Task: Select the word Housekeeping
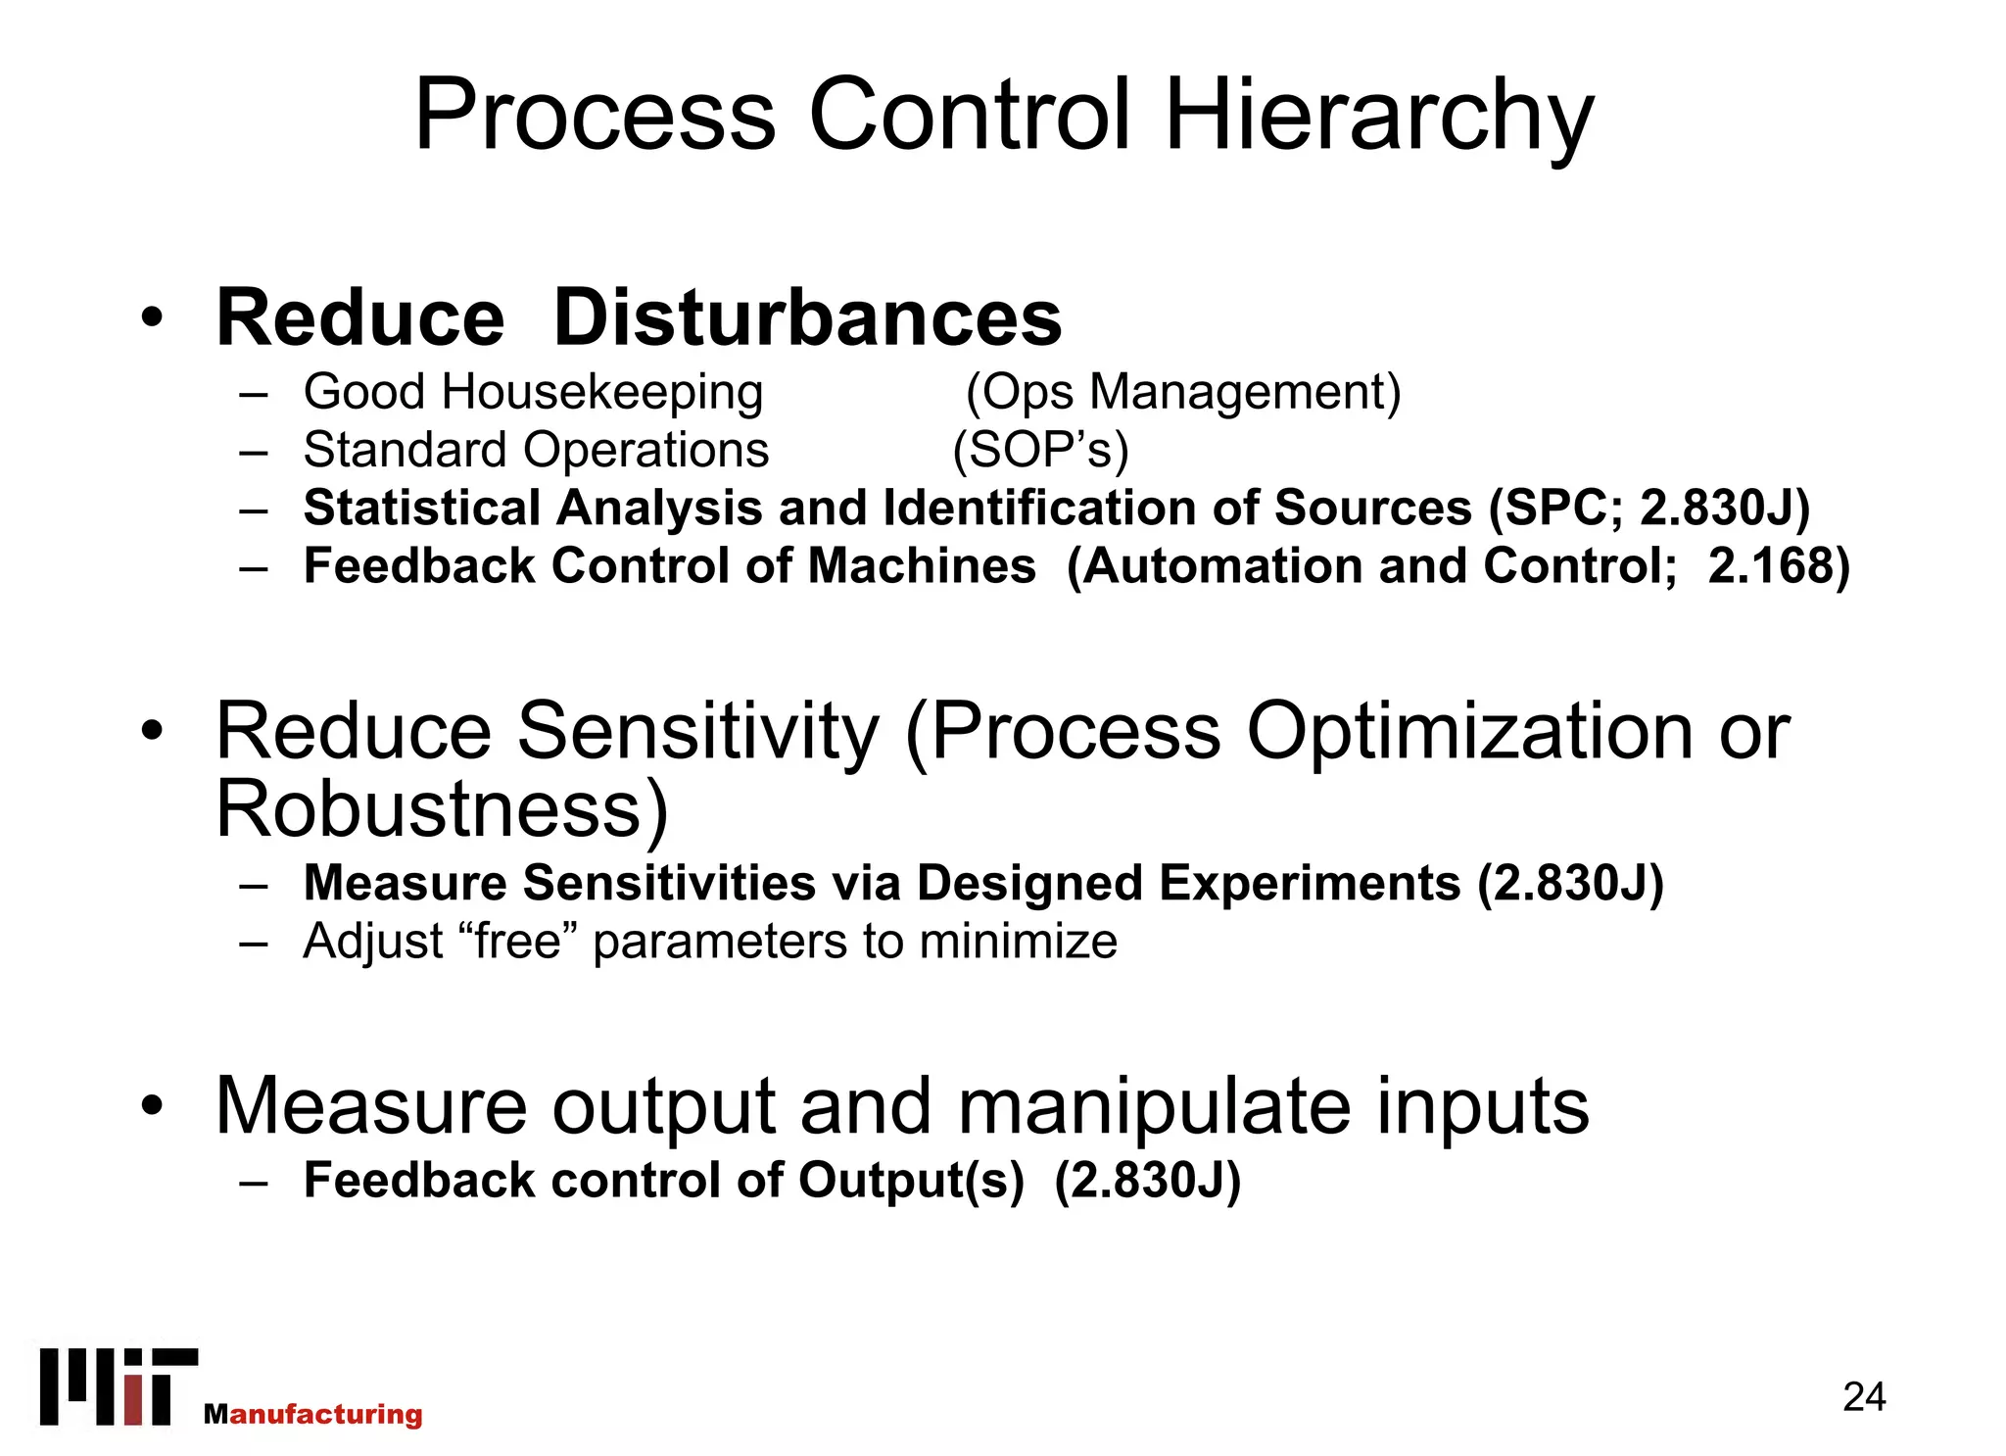point(601,392)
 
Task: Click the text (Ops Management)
point(1183,393)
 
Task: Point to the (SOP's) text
point(1040,451)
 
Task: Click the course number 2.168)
point(1778,566)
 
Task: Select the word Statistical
point(421,509)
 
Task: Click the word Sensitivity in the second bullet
point(697,731)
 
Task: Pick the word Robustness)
point(442,809)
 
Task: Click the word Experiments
point(1311,883)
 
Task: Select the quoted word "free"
point(518,942)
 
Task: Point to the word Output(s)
point(911,1180)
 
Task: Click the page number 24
point(1863,1397)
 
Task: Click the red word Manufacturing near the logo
point(314,1414)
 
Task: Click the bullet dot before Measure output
point(151,1106)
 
